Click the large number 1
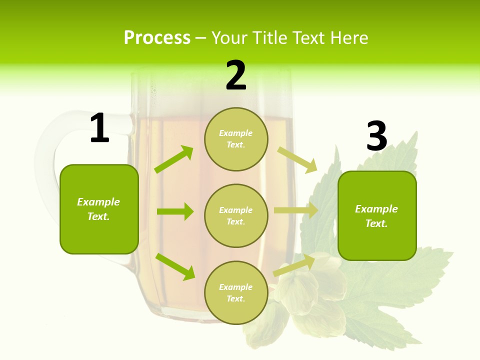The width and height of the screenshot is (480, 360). (99, 128)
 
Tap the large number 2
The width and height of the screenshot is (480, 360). (236, 75)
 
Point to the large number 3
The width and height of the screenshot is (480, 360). (376, 136)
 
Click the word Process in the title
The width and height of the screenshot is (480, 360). (157, 37)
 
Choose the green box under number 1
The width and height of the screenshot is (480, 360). (99, 209)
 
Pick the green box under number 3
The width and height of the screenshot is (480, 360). (377, 215)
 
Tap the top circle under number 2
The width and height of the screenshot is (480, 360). (236, 139)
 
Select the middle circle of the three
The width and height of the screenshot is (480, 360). (236, 215)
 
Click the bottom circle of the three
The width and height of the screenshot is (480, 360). (236, 292)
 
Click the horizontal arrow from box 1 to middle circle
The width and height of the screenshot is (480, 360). (175, 211)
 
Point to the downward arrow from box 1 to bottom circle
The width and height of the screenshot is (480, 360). (175, 266)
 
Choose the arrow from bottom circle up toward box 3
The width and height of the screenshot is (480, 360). (294, 265)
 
